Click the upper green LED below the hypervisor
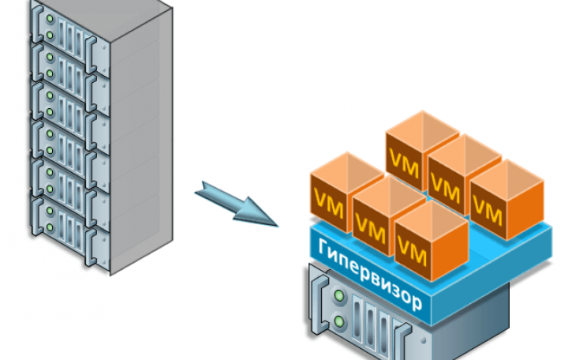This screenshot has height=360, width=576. click(340, 297)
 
